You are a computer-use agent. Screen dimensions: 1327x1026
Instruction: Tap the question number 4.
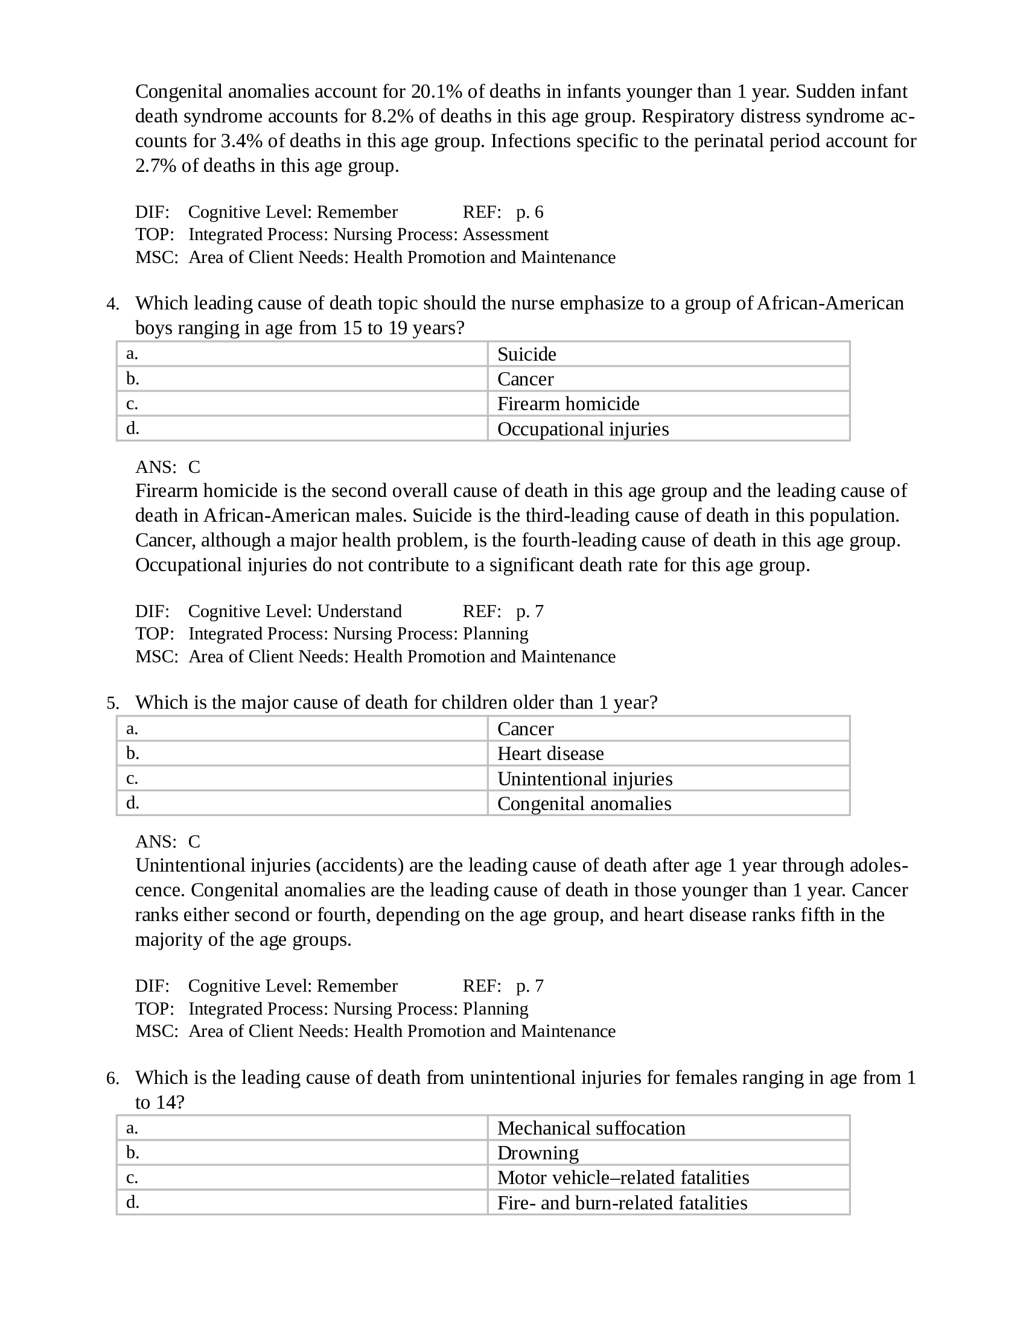pos(112,304)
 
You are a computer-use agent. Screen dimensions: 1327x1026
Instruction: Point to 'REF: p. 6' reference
pos(503,212)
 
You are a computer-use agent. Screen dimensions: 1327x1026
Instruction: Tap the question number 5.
pos(112,703)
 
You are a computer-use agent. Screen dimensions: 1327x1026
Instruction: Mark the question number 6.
pos(112,1078)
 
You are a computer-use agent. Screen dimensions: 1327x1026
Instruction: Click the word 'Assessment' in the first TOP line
pos(505,235)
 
